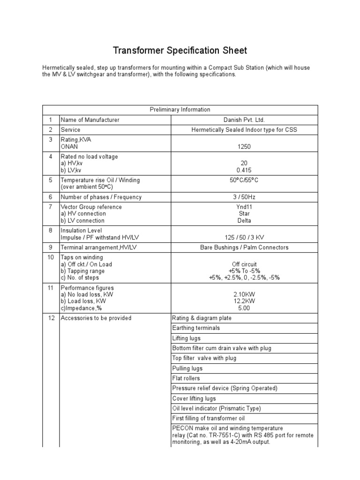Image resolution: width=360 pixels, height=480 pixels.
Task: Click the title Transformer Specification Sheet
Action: [180, 50]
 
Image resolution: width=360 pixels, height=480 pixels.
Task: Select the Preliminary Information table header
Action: [180, 110]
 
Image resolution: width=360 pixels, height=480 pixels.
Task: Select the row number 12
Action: [51, 318]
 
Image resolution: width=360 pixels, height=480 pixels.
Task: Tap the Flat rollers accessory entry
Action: [186, 378]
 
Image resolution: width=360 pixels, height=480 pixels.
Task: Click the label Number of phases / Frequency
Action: [101, 197]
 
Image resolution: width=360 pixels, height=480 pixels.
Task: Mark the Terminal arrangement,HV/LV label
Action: [95, 247]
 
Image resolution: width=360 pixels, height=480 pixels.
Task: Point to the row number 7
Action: [51, 207]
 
